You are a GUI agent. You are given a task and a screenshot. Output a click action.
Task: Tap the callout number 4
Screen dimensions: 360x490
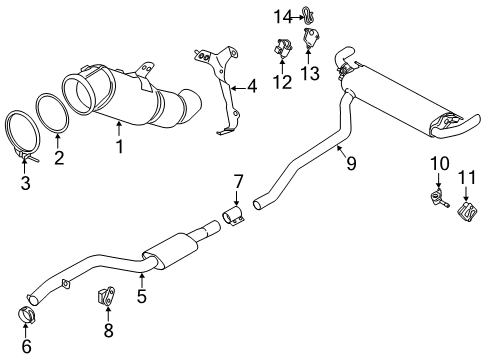point(252,87)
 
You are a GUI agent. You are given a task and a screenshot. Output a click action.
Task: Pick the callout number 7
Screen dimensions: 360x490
point(238,181)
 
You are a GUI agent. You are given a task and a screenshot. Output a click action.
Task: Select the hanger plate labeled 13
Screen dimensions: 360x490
point(312,41)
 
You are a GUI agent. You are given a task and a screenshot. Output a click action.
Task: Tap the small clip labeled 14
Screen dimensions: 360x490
point(303,15)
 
